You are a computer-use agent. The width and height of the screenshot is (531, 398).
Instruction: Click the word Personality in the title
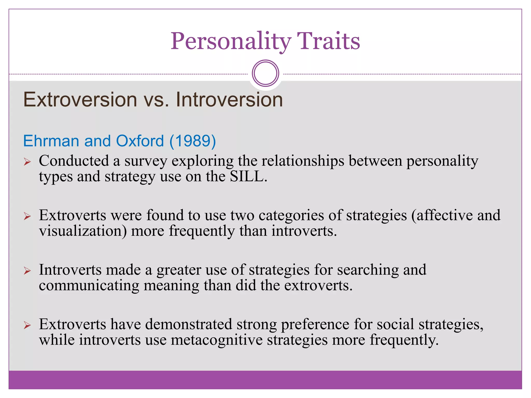(x=231, y=41)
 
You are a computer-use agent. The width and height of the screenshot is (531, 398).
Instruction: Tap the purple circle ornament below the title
(x=265, y=73)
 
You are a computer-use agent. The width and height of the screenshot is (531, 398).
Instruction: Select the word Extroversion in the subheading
(x=80, y=100)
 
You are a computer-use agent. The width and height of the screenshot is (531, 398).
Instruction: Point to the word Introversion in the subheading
(x=229, y=100)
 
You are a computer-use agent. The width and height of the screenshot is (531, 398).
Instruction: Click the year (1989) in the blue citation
(x=193, y=141)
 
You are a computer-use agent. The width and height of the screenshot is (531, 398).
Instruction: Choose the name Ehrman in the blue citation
(x=51, y=141)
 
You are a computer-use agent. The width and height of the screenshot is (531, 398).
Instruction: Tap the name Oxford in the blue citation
(x=140, y=141)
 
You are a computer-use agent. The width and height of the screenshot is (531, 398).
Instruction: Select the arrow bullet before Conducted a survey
(x=27, y=162)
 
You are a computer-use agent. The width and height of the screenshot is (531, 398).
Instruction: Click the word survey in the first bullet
(x=146, y=161)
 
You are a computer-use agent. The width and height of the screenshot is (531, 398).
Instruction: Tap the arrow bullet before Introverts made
(x=27, y=271)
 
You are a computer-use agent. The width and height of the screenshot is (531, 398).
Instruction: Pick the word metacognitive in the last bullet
(x=216, y=340)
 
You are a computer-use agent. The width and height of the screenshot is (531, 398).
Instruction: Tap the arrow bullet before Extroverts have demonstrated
(x=27, y=325)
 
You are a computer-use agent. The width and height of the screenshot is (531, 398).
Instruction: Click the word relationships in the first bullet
(x=303, y=161)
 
